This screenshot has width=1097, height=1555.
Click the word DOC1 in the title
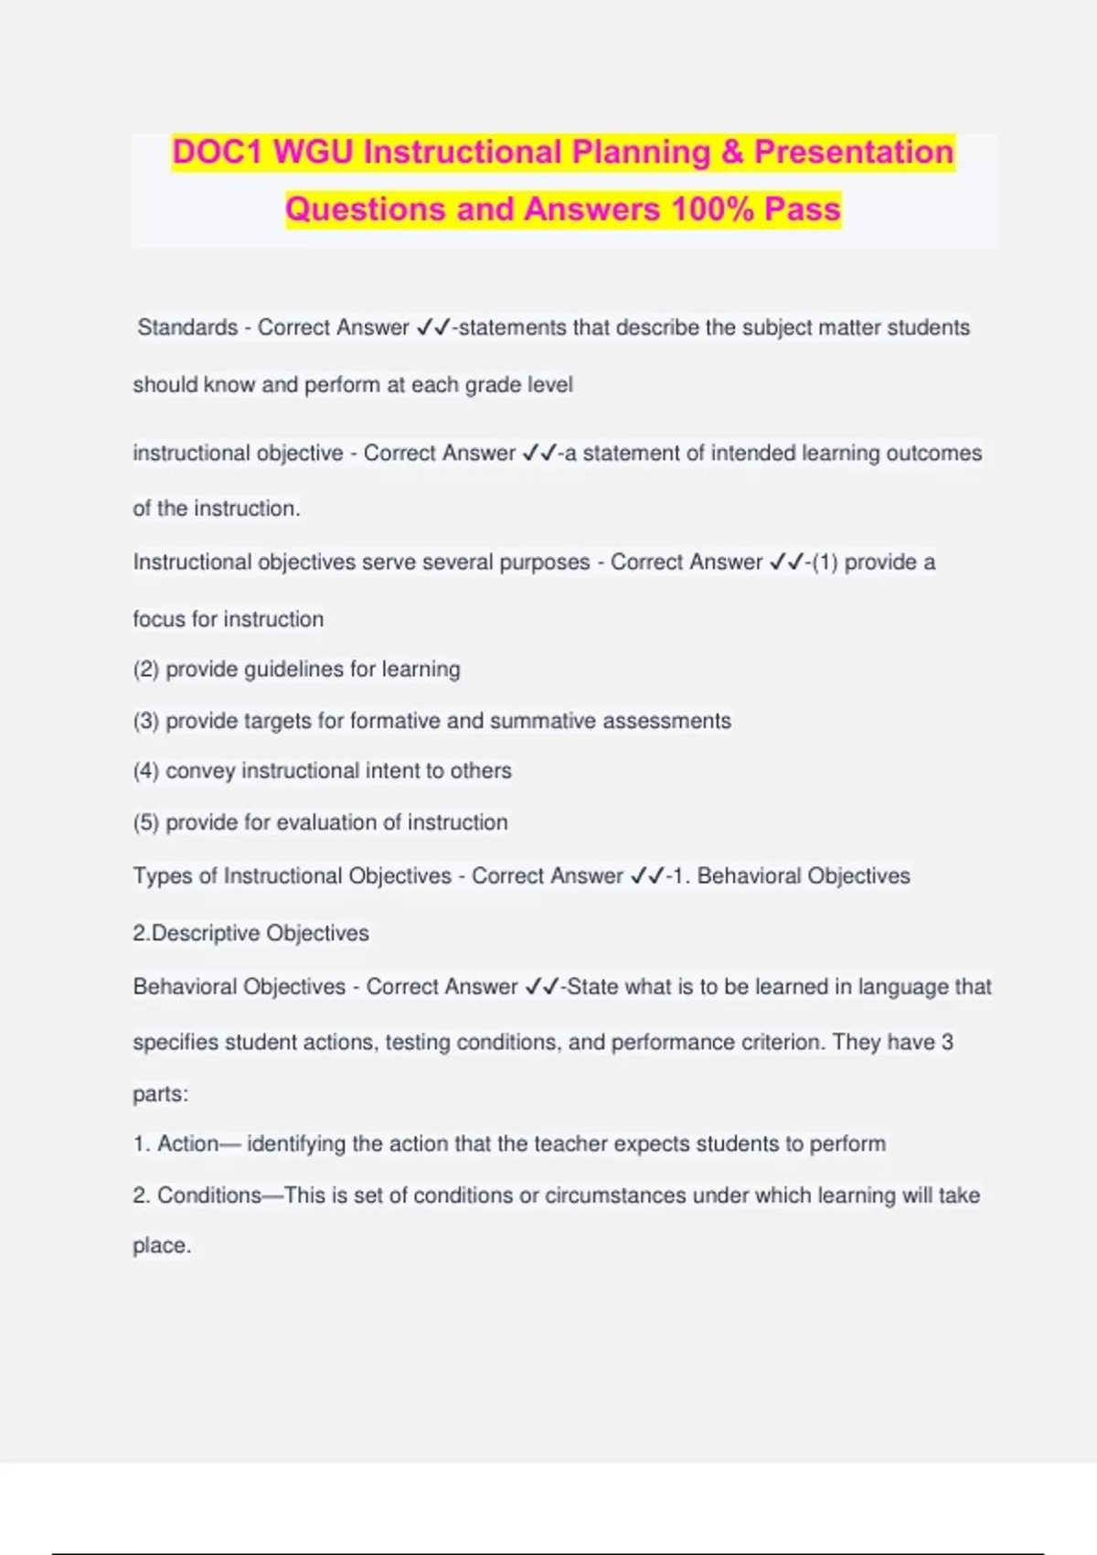click(x=218, y=152)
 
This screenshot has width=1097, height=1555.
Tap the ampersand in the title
click(x=732, y=152)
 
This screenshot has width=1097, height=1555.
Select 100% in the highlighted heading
click(x=711, y=209)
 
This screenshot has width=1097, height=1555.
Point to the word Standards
click(x=187, y=327)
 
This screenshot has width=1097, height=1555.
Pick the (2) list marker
click(x=146, y=670)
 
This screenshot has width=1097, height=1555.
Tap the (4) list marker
click(x=146, y=771)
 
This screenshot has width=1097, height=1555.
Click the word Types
click(x=163, y=876)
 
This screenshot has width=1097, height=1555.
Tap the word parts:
click(x=161, y=1094)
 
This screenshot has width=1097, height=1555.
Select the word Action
click(x=187, y=1143)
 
